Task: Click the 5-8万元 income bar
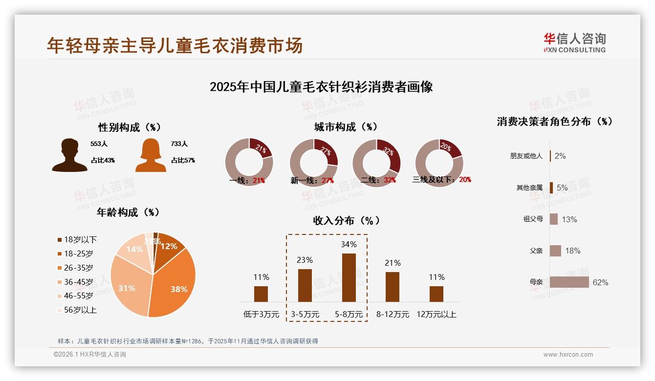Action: tap(349, 277)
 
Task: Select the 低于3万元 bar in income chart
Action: tap(261, 294)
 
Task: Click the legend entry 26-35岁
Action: tap(75, 268)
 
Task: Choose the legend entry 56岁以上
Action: tap(77, 310)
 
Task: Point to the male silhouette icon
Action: tap(69, 155)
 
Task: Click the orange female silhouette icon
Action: tap(151, 155)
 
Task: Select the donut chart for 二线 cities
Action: tap(376, 163)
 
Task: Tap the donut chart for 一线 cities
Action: tap(249, 163)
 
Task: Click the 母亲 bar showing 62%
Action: tap(569, 282)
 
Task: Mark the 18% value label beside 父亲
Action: tap(572, 251)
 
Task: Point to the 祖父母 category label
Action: tap(533, 219)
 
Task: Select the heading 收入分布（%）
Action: tap(347, 220)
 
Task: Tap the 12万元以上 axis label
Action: tap(436, 314)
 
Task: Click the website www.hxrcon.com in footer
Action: tap(568, 355)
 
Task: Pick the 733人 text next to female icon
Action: tap(179, 144)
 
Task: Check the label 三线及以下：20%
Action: tap(441, 180)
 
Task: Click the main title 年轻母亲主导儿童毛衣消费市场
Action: tap(175, 45)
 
